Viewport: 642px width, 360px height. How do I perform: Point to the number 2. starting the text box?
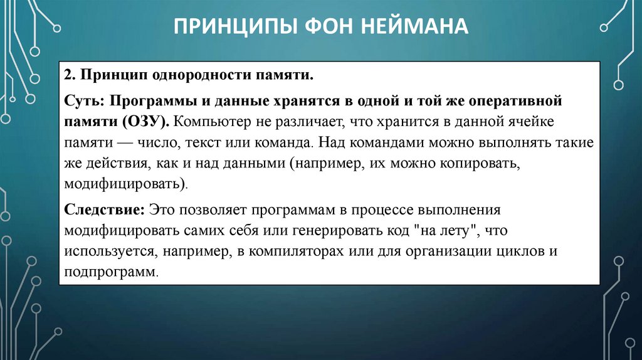pos(69,76)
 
